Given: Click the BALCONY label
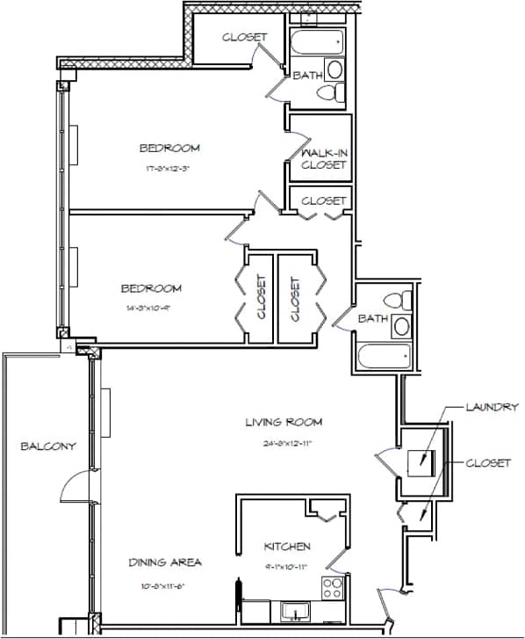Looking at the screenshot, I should click(48, 447).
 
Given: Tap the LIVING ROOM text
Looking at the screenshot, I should click(279, 423).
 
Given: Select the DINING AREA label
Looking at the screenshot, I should click(165, 563).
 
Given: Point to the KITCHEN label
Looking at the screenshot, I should click(287, 547).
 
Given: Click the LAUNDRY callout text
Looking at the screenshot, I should click(493, 407).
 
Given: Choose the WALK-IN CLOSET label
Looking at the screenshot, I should click(323, 158).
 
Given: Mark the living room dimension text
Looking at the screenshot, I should click(279, 444).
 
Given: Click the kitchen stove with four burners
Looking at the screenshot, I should click(334, 587).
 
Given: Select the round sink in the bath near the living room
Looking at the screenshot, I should click(401, 326).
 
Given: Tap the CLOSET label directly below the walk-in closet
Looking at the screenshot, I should click(323, 201).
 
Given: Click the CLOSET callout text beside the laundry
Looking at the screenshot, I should click(488, 462).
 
